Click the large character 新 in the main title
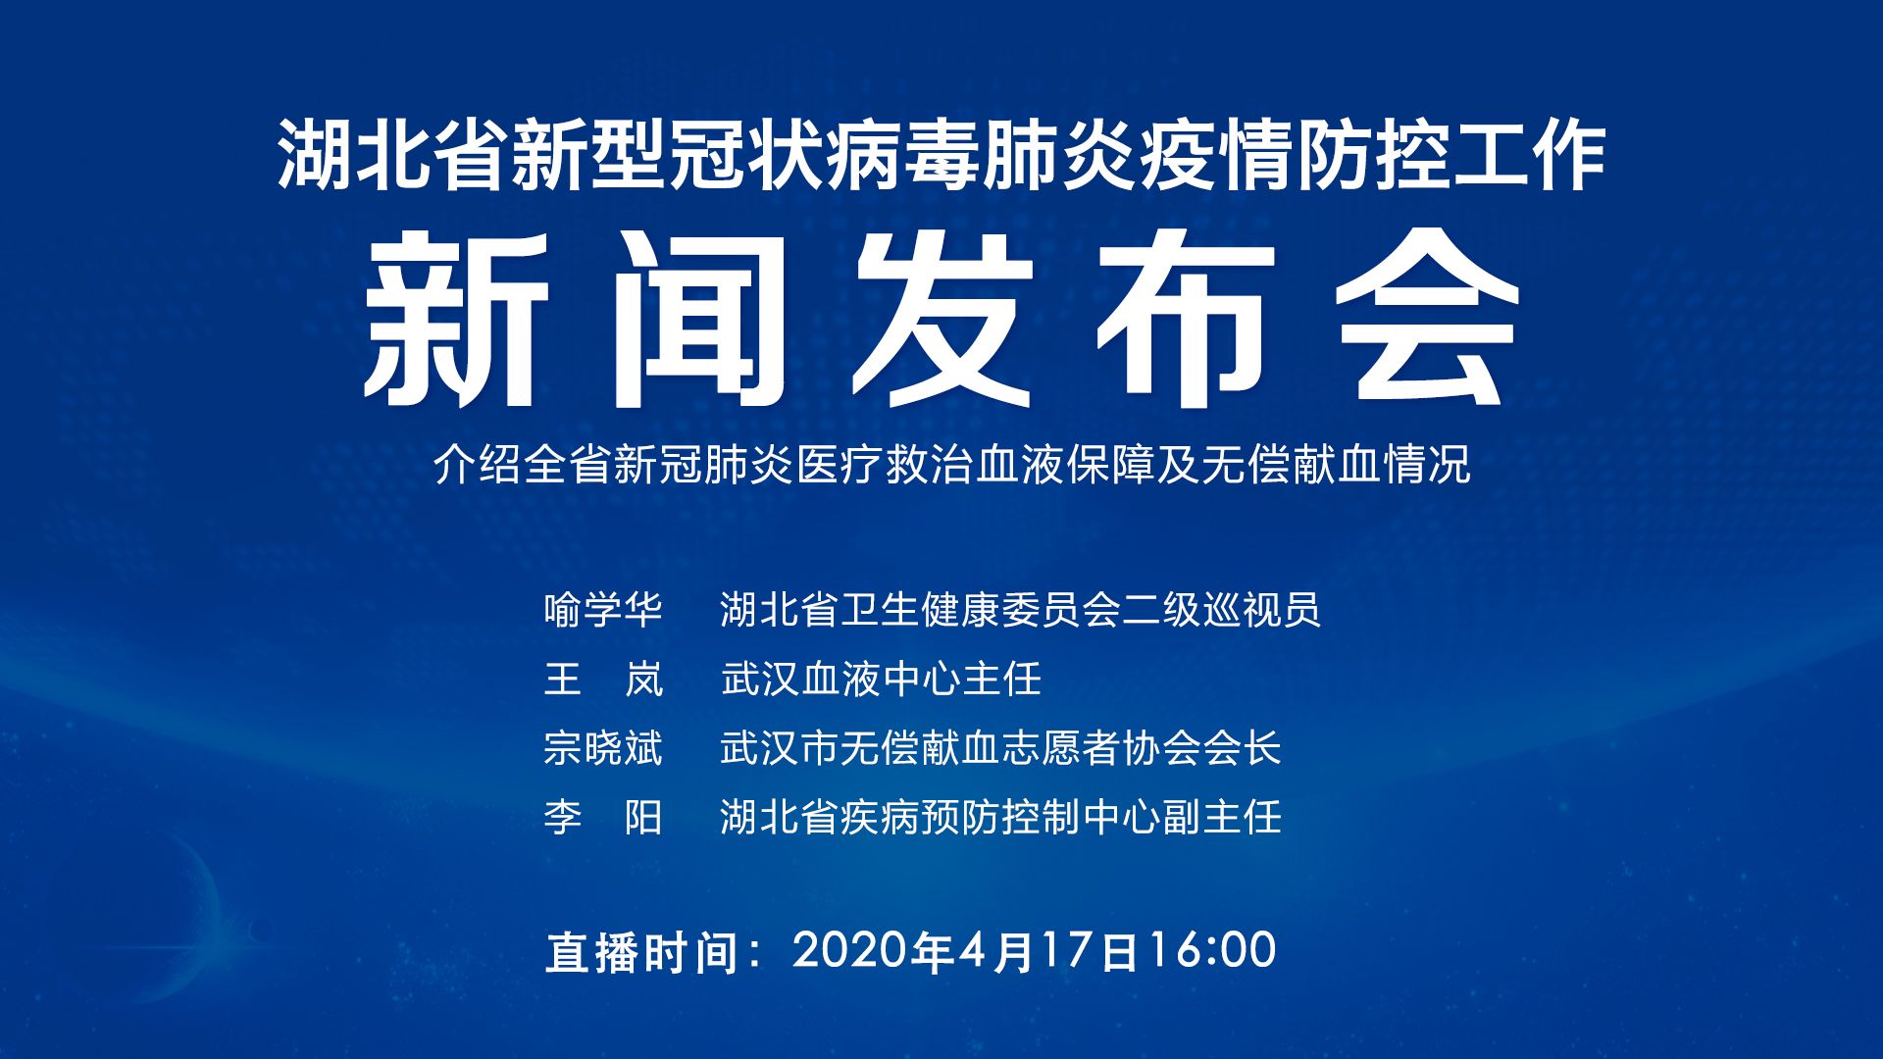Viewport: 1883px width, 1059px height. (x=456, y=320)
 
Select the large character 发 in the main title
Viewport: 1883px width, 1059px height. (x=941, y=320)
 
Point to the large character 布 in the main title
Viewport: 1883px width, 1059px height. (x=1185, y=320)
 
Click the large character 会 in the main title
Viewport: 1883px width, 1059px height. (x=1428, y=320)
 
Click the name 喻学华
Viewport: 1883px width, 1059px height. (x=603, y=610)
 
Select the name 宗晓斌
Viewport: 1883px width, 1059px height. (x=603, y=748)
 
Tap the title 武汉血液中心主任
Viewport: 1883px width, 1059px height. (x=881, y=679)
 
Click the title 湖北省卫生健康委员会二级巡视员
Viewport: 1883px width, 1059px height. (x=1020, y=610)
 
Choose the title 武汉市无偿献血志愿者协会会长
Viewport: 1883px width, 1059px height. (x=1000, y=748)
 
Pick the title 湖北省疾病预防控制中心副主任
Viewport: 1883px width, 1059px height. (x=1000, y=817)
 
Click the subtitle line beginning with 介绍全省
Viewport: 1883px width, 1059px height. (x=952, y=465)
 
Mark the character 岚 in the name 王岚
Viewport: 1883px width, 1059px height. (x=644, y=679)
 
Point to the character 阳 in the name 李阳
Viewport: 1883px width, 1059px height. (x=644, y=817)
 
